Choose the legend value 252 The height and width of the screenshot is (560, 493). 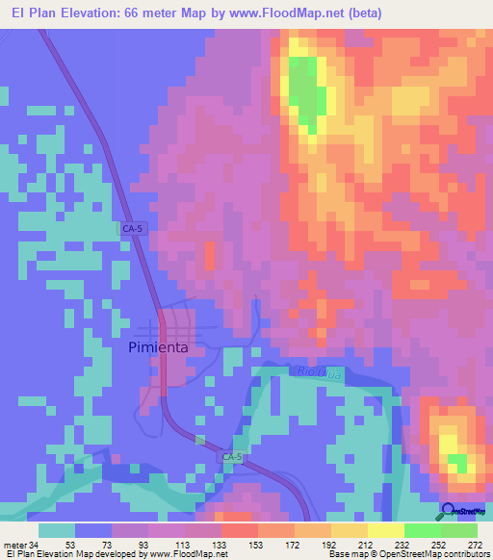(438, 544)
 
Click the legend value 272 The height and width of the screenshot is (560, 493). (475, 544)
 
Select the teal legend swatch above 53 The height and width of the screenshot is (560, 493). (57, 530)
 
